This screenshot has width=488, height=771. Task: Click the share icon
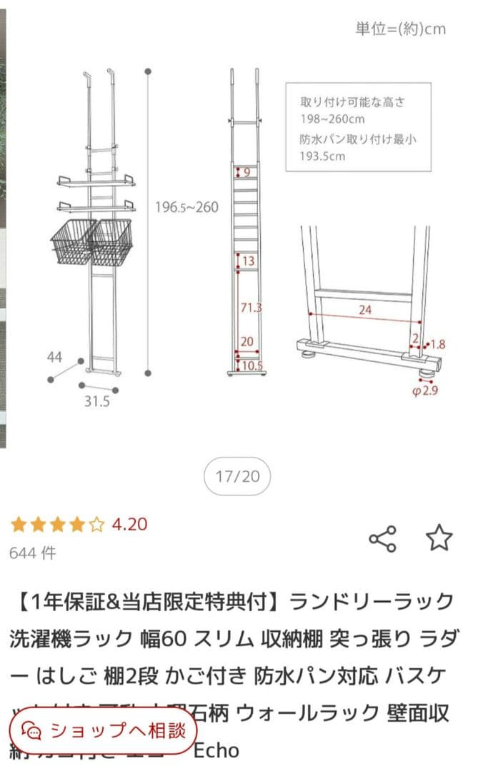[x=382, y=539]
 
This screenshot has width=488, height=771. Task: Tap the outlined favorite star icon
[x=439, y=538]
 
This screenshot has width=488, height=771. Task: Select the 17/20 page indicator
[x=237, y=476]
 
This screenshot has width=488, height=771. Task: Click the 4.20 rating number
[x=129, y=525]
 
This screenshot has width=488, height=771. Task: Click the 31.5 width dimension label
[x=96, y=401]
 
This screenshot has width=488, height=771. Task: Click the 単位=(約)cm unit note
[x=400, y=29]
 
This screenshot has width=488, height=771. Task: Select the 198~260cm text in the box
[x=332, y=119]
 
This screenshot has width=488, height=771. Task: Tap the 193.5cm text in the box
[x=322, y=156]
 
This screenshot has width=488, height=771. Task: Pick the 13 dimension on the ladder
[x=248, y=261]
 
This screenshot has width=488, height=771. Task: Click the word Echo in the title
[x=216, y=750]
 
